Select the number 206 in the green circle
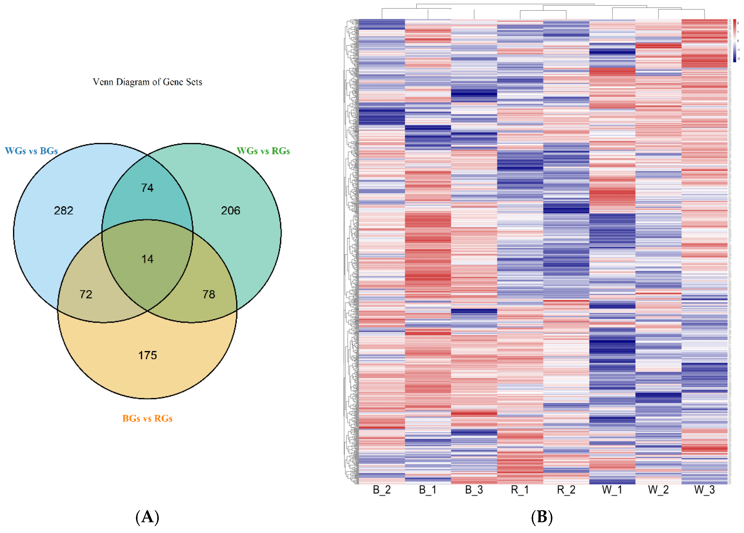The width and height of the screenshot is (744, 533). [x=230, y=211]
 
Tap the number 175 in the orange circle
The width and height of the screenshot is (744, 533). [x=147, y=355]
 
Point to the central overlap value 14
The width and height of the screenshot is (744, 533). [x=147, y=259]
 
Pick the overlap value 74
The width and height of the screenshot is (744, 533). [x=147, y=188]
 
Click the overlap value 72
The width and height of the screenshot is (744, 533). [x=86, y=294]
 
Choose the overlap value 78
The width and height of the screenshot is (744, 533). [x=209, y=294]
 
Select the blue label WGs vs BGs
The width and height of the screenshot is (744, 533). [x=31, y=151]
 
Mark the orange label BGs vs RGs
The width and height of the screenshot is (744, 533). [x=147, y=419]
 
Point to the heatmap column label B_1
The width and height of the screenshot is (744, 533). [x=428, y=490]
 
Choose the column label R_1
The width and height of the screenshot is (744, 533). [x=520, y=490]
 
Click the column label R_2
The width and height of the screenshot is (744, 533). [x=566, y=490]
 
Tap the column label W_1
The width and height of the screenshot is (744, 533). [x=612, y=490]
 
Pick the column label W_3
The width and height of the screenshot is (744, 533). [x=704, y=490]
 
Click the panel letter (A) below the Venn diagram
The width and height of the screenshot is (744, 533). [x=147, y=517]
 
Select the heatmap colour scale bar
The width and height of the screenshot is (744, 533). [x=735, y=40]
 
